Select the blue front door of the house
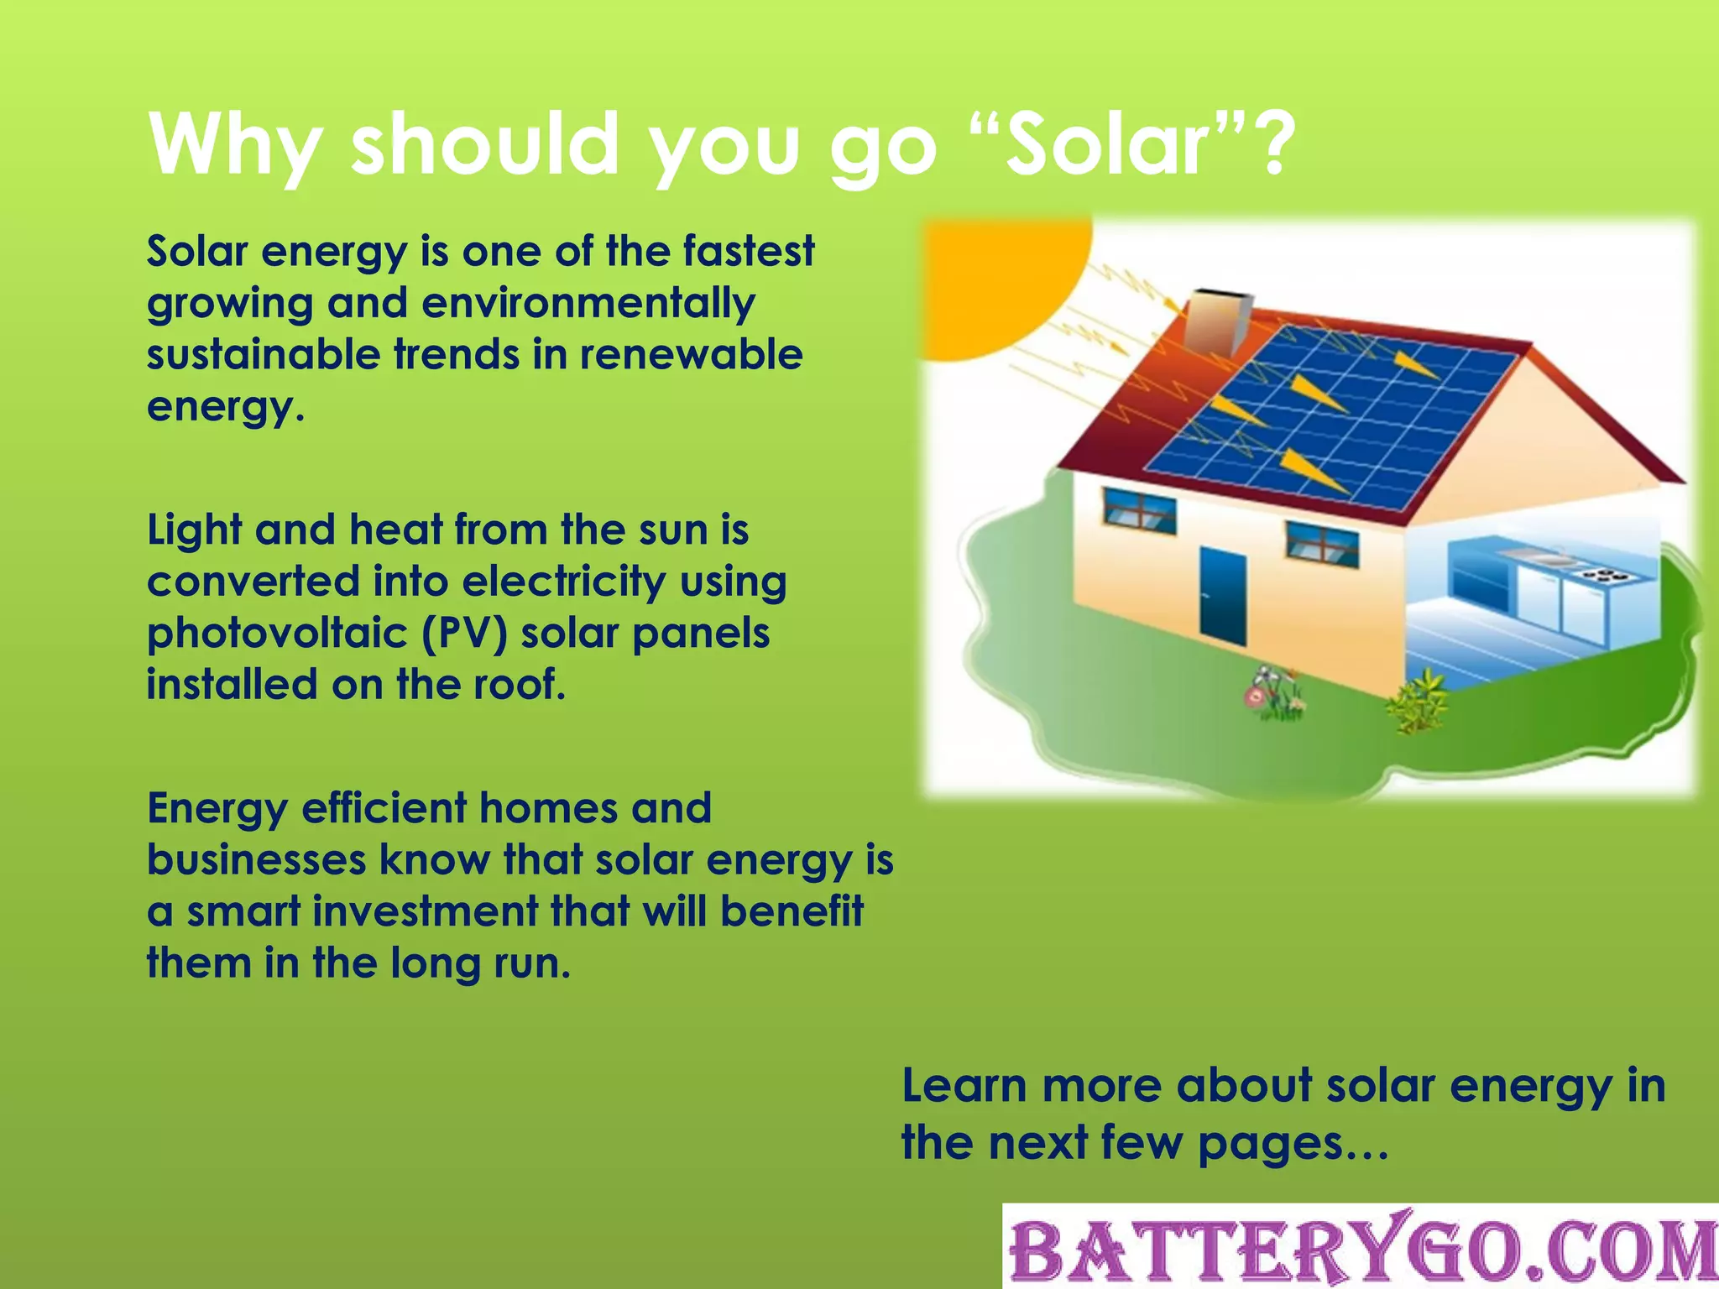pos(1222,592)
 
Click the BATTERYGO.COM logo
pos(1361,1248)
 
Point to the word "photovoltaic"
pos(283,634)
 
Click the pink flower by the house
pos(1256,696)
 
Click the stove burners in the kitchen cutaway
pos(1604,576)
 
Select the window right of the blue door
pos(1323,542)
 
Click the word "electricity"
pos(563,582)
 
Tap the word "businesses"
pos(256,860)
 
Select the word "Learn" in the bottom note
pos(964,1086)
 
